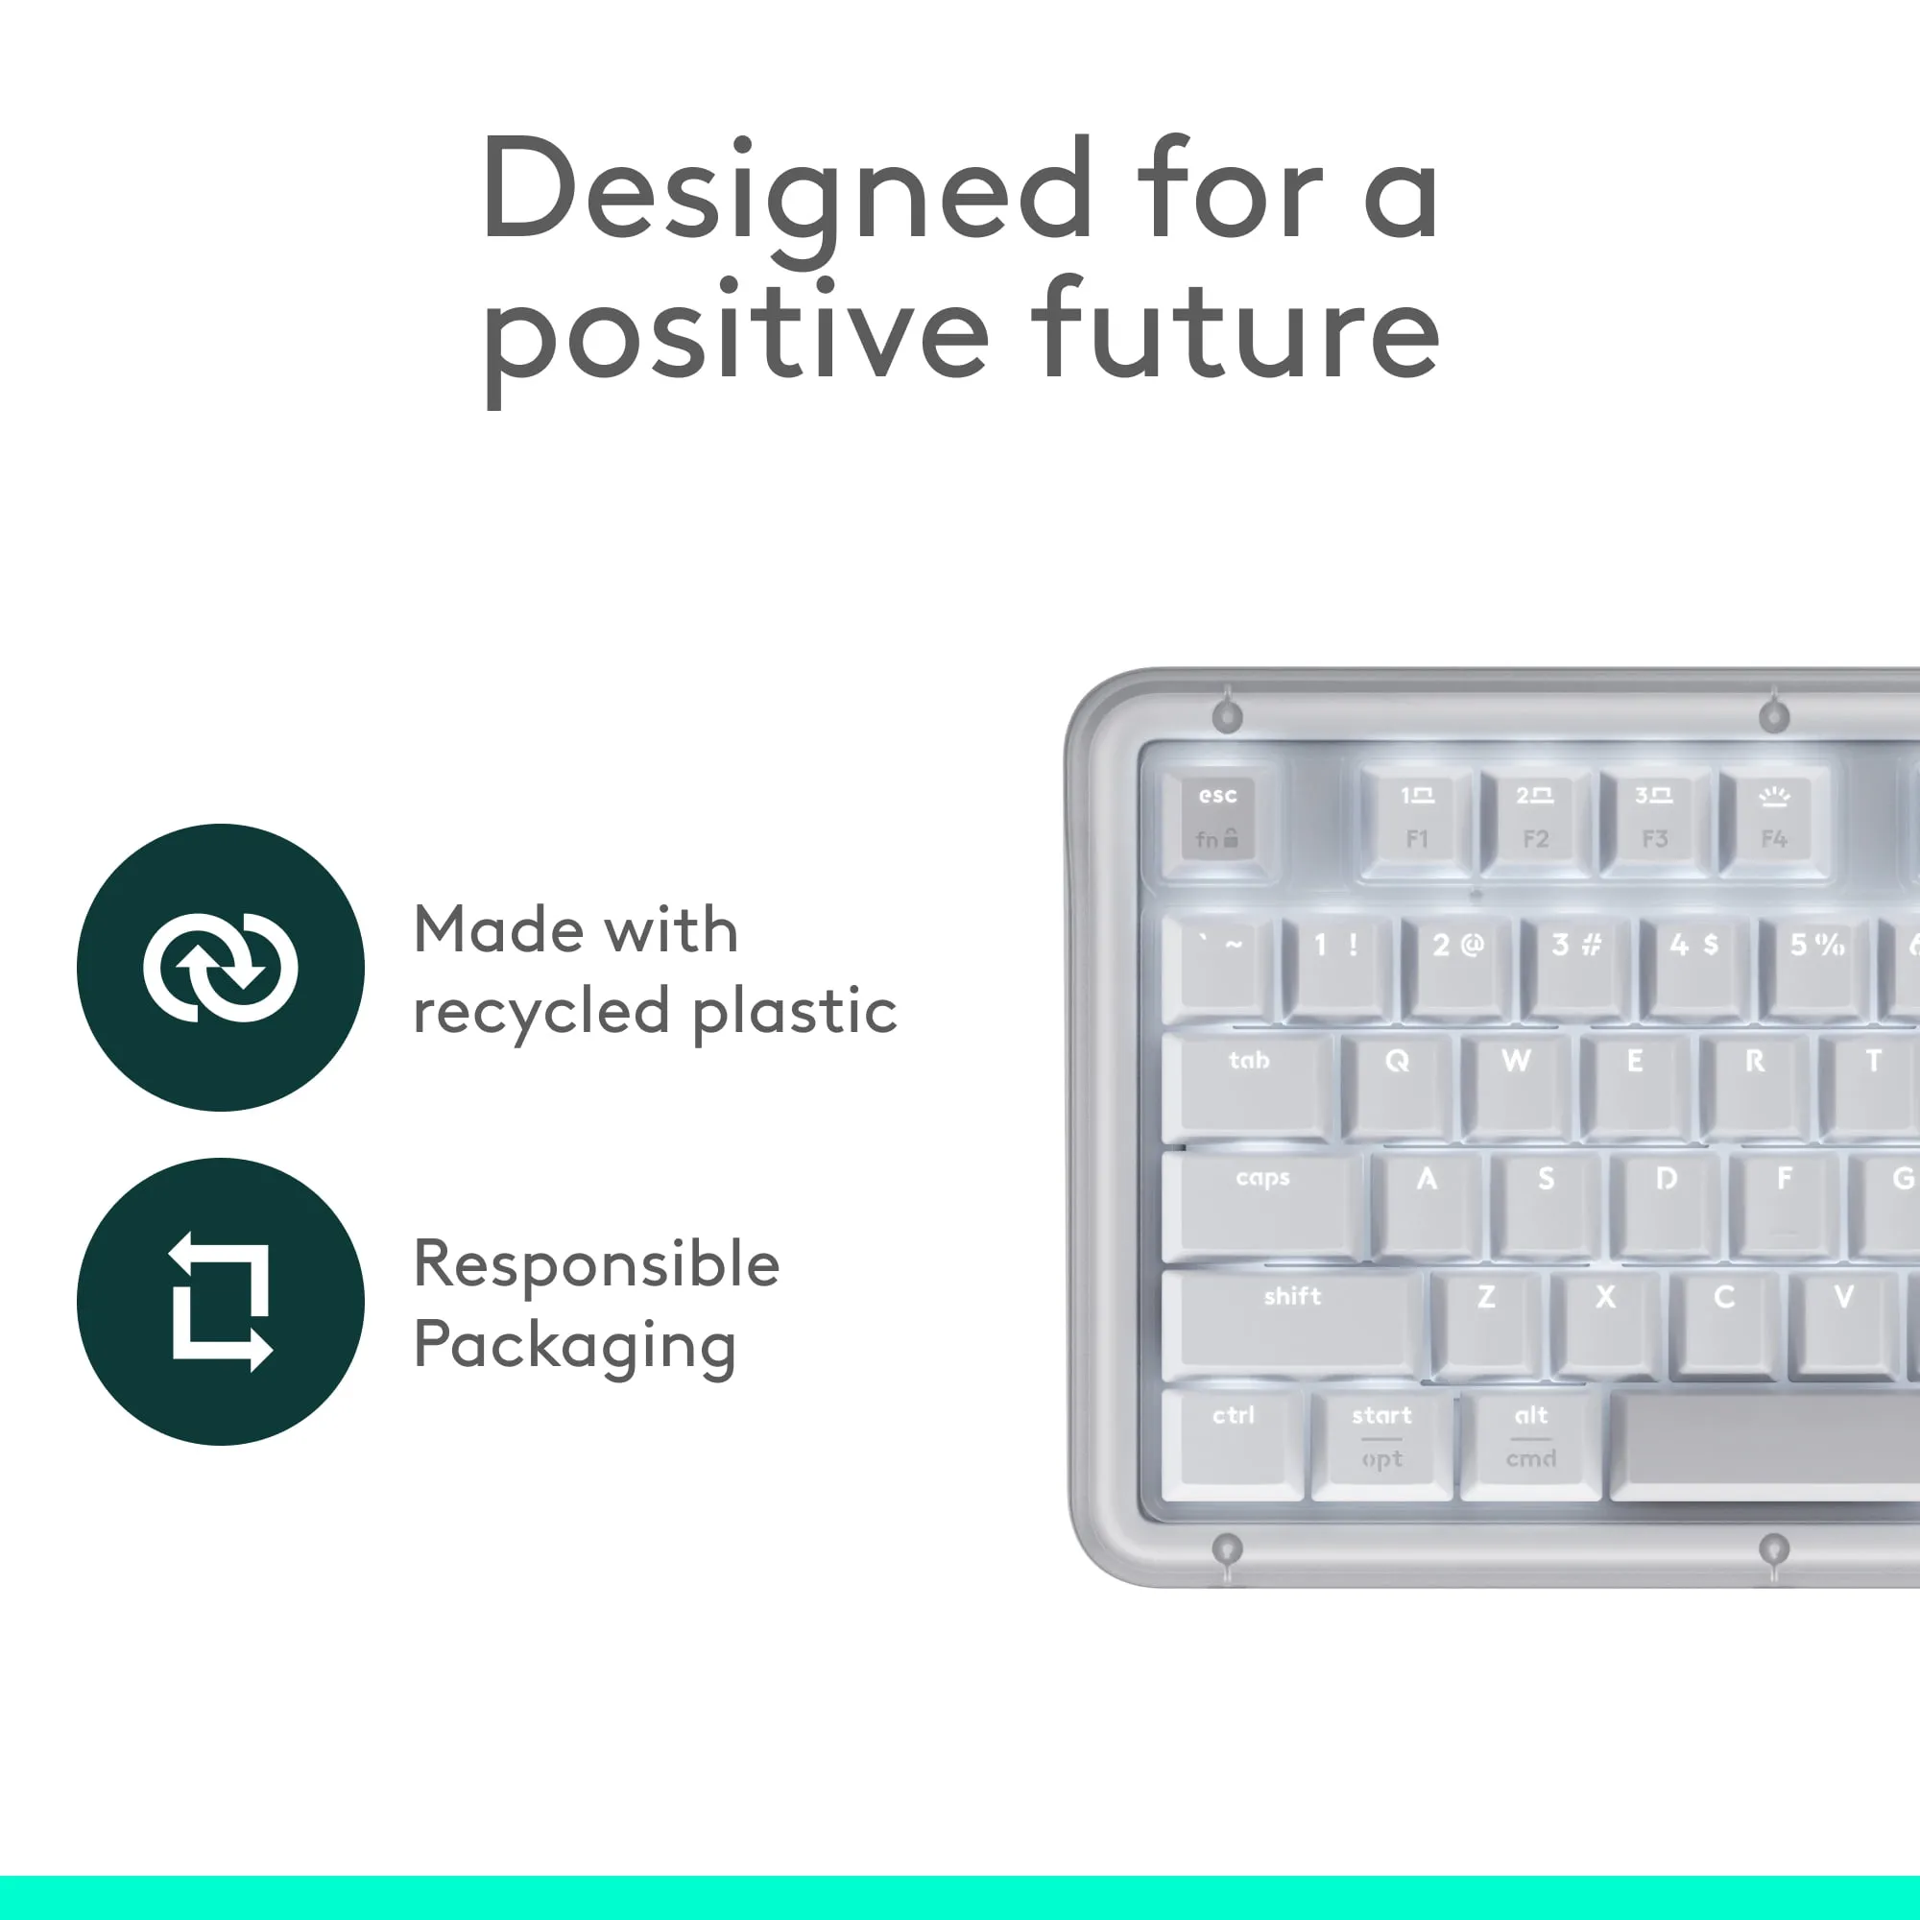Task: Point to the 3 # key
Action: point(1576,966)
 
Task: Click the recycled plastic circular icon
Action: point(221,967)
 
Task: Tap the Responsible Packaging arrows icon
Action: point(221,1301)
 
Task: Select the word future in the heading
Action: point(1235,331)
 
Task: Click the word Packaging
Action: point(574,1347)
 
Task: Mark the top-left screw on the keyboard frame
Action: point(1229,715)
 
